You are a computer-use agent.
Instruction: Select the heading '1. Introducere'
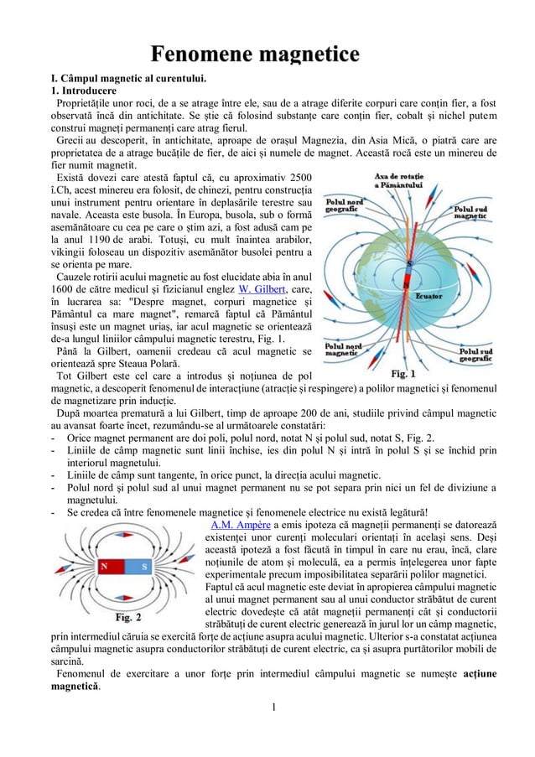click(84, 93)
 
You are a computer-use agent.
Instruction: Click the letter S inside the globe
click(409, 263)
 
